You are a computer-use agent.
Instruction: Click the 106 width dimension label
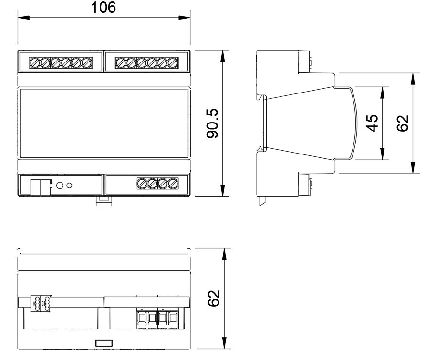[x=103, y=8]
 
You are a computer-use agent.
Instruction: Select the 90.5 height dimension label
[x=212, y=123]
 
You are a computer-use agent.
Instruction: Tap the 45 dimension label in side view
[x=372, y=123]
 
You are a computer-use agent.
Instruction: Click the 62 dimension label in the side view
[x=403, y=123]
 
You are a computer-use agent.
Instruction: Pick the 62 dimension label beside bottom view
[x=214, y=298]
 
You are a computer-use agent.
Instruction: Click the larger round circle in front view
[x=60, y=185]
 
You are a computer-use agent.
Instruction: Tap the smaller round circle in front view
[x=69, y=185]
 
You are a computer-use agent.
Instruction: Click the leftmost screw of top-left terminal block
[x=34, y=63]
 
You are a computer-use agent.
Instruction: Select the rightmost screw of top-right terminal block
[x=173, y=63]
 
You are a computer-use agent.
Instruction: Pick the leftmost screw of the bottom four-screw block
[x=142, y=184]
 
